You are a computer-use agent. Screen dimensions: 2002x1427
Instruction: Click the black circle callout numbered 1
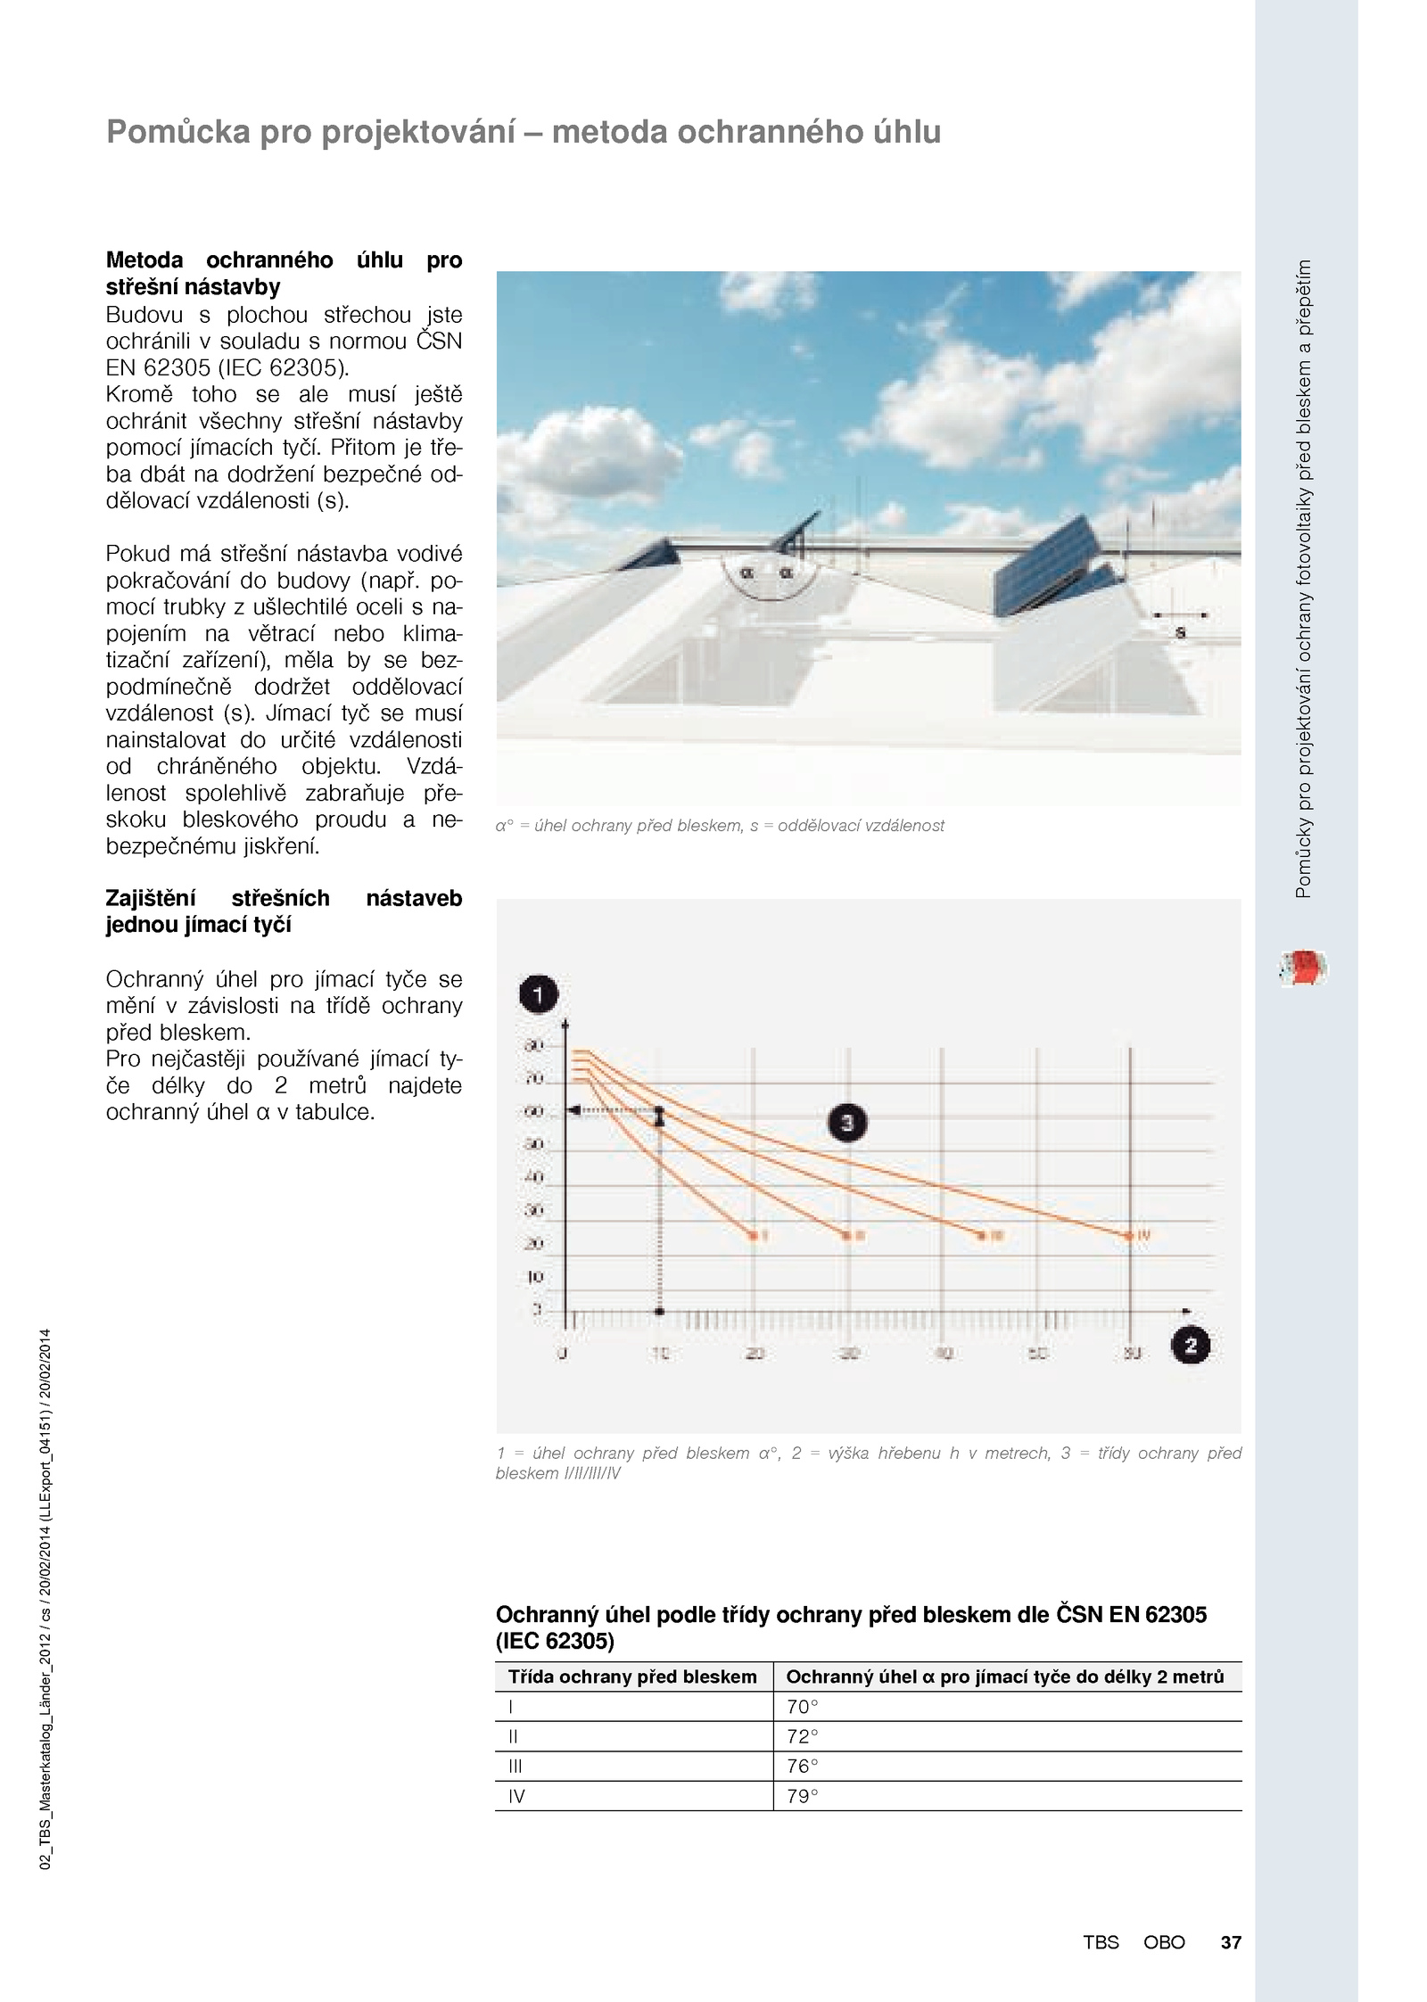tap(538, 993)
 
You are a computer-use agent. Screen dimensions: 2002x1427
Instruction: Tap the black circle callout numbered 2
tap(1191, 1345)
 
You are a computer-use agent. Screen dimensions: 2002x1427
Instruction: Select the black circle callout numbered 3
tap(847, 1123)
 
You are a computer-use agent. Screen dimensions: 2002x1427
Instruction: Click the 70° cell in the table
tap(803, 1707)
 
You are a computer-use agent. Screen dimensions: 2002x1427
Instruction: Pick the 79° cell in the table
tap(803, 1796)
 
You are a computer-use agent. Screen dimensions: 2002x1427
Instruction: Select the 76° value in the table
tap(803, 1767)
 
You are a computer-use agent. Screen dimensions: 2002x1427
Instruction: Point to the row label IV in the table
tap(516, 1796)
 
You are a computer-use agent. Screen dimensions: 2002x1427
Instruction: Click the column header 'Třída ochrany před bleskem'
tap(632, 1677)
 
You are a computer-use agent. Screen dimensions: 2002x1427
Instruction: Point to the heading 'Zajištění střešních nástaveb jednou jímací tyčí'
tap(284, 911)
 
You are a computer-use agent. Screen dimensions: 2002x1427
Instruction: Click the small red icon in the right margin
tap(1303, 968)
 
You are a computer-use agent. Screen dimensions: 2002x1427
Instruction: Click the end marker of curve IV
tap(1130, 1236)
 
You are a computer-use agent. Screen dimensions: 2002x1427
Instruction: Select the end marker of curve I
tap(754, 1236)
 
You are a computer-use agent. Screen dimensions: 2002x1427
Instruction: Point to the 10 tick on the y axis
tap(535, 1277)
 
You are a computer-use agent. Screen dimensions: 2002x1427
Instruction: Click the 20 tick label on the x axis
tap(755, 1354)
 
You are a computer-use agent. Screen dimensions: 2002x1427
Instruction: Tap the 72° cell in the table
tap(803, 1736)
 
